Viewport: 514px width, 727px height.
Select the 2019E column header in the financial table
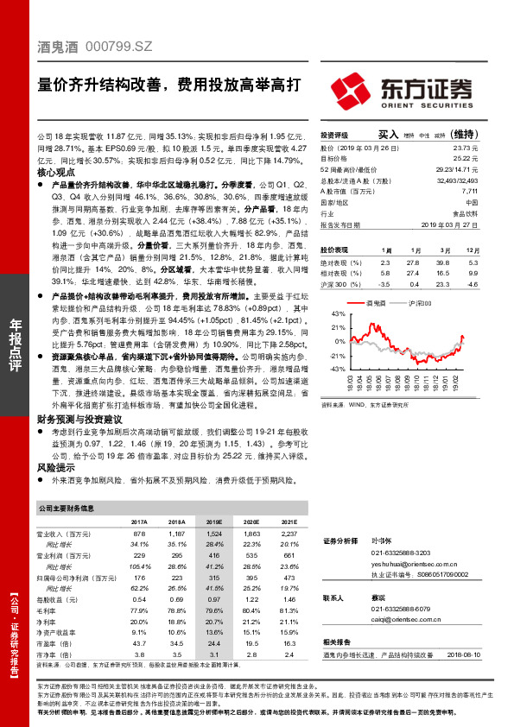click(x=212, y=522)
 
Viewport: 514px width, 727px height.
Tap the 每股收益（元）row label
click(x=67, y=599)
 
